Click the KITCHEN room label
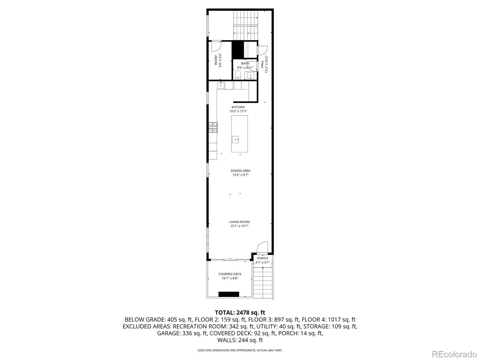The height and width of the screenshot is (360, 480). [x=238, y=107]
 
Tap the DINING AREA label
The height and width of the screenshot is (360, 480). [x=240, y=171]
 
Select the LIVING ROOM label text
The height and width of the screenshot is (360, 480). [x=239, y=222]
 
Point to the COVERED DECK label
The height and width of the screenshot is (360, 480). [x=230, y=274]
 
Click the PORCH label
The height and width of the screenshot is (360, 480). [x=262, y=258]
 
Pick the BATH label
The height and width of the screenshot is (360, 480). [x=245, y=63]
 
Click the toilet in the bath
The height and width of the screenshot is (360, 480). [x=238, y=75]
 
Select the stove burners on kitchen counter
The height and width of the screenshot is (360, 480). [x=213, y=127]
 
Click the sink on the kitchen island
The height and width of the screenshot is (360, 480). [x=235, y=139]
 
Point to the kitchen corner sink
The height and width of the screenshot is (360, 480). [x=220, y=85]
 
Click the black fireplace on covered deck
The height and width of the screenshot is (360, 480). [x=229, y=294]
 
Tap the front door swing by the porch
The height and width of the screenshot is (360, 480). [x=262, y=247]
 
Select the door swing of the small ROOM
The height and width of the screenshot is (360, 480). [x=217, y=46]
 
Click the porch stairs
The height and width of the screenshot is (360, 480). [x=262, y=283]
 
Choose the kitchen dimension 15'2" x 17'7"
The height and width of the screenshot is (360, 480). [x=238, y=111]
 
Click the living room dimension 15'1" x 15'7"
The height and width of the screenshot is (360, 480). [x=239, y=226]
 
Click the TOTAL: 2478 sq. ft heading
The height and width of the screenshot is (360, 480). [x=240, y=313]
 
